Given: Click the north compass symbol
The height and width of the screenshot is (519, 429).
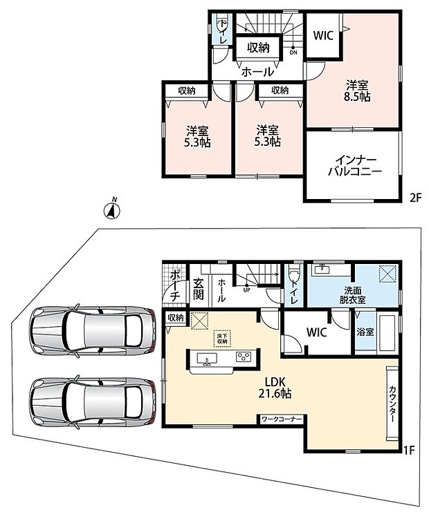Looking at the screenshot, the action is point(112,209).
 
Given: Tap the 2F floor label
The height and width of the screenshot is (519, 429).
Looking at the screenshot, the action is point(414,198).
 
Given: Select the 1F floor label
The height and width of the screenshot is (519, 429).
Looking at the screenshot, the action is point(409,450).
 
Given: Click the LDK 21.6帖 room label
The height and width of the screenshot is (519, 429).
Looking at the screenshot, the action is point(275,388).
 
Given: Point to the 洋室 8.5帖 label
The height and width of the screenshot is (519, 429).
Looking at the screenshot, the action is point(357,91).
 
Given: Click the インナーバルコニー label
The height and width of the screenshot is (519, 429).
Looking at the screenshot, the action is point(356,166).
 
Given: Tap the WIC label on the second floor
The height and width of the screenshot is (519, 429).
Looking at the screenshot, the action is point(323,35).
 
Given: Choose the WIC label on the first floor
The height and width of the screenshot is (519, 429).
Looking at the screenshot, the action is point(317,332).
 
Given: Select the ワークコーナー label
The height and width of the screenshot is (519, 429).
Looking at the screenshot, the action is point(282,419).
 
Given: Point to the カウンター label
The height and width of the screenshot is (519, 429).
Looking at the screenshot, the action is point(392,404).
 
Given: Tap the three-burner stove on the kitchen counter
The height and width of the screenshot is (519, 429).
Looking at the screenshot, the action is point(244,357).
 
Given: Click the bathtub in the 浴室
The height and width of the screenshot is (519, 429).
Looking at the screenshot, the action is point(387,333).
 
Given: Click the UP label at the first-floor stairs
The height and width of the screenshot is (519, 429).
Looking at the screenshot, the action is point(246,290).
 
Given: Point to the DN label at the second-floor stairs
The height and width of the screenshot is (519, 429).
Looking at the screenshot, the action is point(293,53).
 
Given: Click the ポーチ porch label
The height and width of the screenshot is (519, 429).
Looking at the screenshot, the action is point(175,285).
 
